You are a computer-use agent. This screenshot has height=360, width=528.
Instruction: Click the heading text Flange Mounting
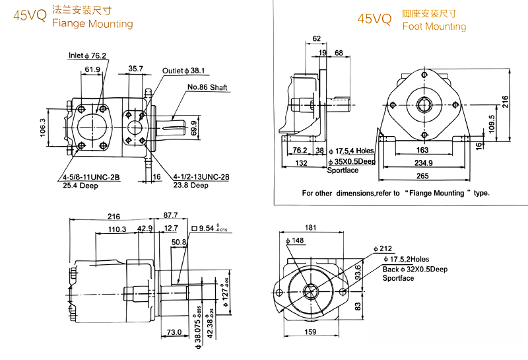pos(92,24)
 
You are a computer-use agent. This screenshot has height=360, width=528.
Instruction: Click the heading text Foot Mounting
pos(434,26)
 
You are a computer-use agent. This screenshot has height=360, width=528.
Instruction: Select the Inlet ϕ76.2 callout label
pos(88,55)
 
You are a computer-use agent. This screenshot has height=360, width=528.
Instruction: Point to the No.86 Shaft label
pos(207,87)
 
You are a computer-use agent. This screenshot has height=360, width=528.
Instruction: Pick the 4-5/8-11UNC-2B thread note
pos(93,177)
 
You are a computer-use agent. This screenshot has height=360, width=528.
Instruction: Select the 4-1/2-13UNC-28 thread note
pos(201,177)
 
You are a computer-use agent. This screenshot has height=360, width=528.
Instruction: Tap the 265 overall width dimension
pos(422,176)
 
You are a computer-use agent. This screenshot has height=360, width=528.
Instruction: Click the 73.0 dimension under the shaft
pos(174,332)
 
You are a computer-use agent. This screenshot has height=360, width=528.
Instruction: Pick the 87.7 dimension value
pos(170,215)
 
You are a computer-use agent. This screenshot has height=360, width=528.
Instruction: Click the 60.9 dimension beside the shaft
pos(193,127)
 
